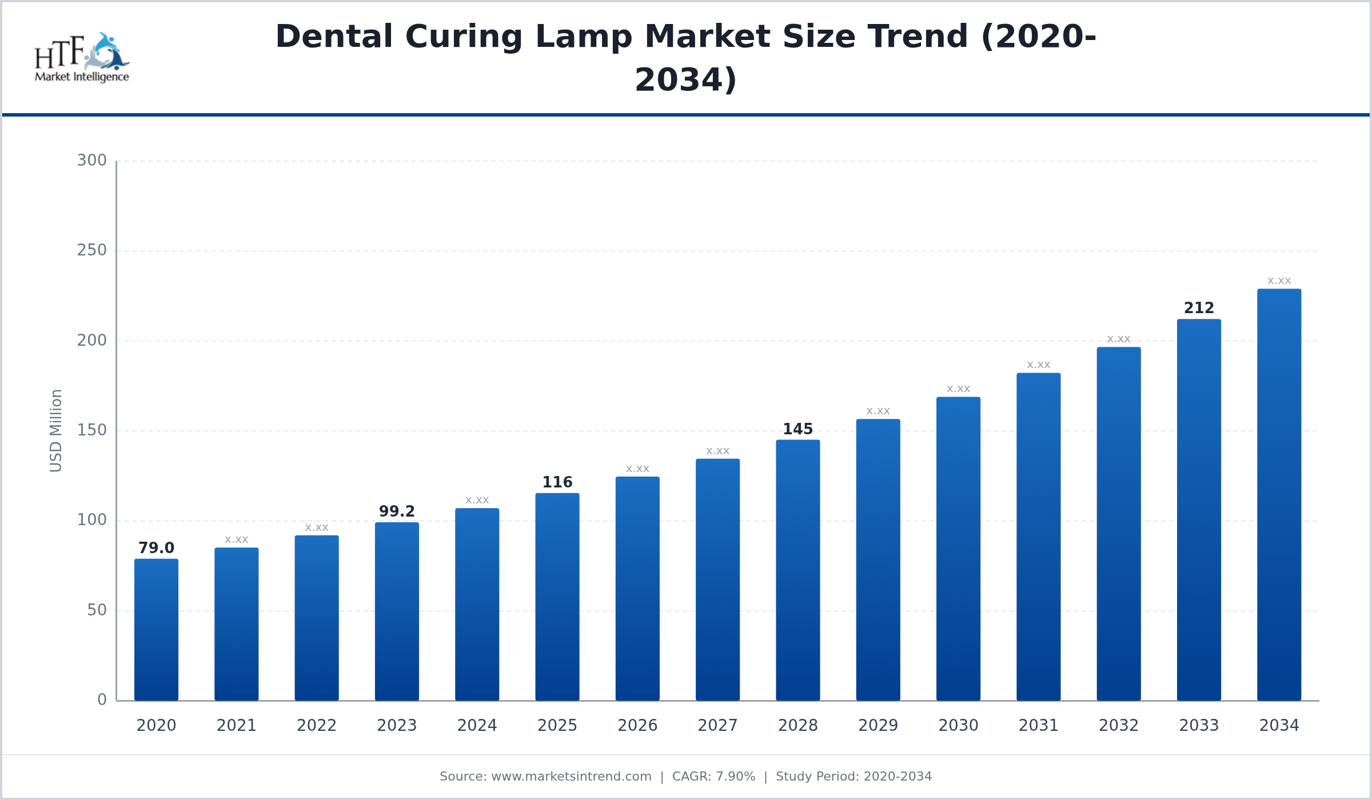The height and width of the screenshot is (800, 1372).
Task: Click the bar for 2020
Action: pos(156,630)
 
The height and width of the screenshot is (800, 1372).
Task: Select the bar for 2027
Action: pos(717,579)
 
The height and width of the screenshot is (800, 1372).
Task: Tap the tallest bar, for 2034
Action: pos(1279,495)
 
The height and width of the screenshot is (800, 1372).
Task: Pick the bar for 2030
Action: pos(958,549)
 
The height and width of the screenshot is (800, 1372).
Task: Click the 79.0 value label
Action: pos(156,548)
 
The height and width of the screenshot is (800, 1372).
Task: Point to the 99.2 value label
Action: pos(397,511)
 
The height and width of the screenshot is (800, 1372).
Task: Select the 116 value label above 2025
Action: pos(557,482)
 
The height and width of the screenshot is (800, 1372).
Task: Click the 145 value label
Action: pos(797,429)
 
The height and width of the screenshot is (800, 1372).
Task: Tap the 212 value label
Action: pos(1199,308)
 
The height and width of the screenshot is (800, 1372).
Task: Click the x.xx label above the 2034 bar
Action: pos(1279,281)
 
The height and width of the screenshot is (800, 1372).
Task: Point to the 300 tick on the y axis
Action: pos(92,161)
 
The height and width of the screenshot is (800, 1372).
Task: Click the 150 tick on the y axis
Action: pos(92,430)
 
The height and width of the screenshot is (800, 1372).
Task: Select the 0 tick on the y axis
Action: pos(102,700)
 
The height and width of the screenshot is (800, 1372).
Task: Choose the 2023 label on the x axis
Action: pos(397,726)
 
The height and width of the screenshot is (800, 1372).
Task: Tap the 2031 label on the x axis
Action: pos(1038,726)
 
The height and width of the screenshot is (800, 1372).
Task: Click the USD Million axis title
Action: pos(55,430)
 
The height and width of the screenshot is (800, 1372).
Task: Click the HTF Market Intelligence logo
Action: pos(82,58)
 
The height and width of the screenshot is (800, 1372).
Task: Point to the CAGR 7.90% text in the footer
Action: pos(713,777)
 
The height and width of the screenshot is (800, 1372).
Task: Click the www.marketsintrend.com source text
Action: pos(571,777)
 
